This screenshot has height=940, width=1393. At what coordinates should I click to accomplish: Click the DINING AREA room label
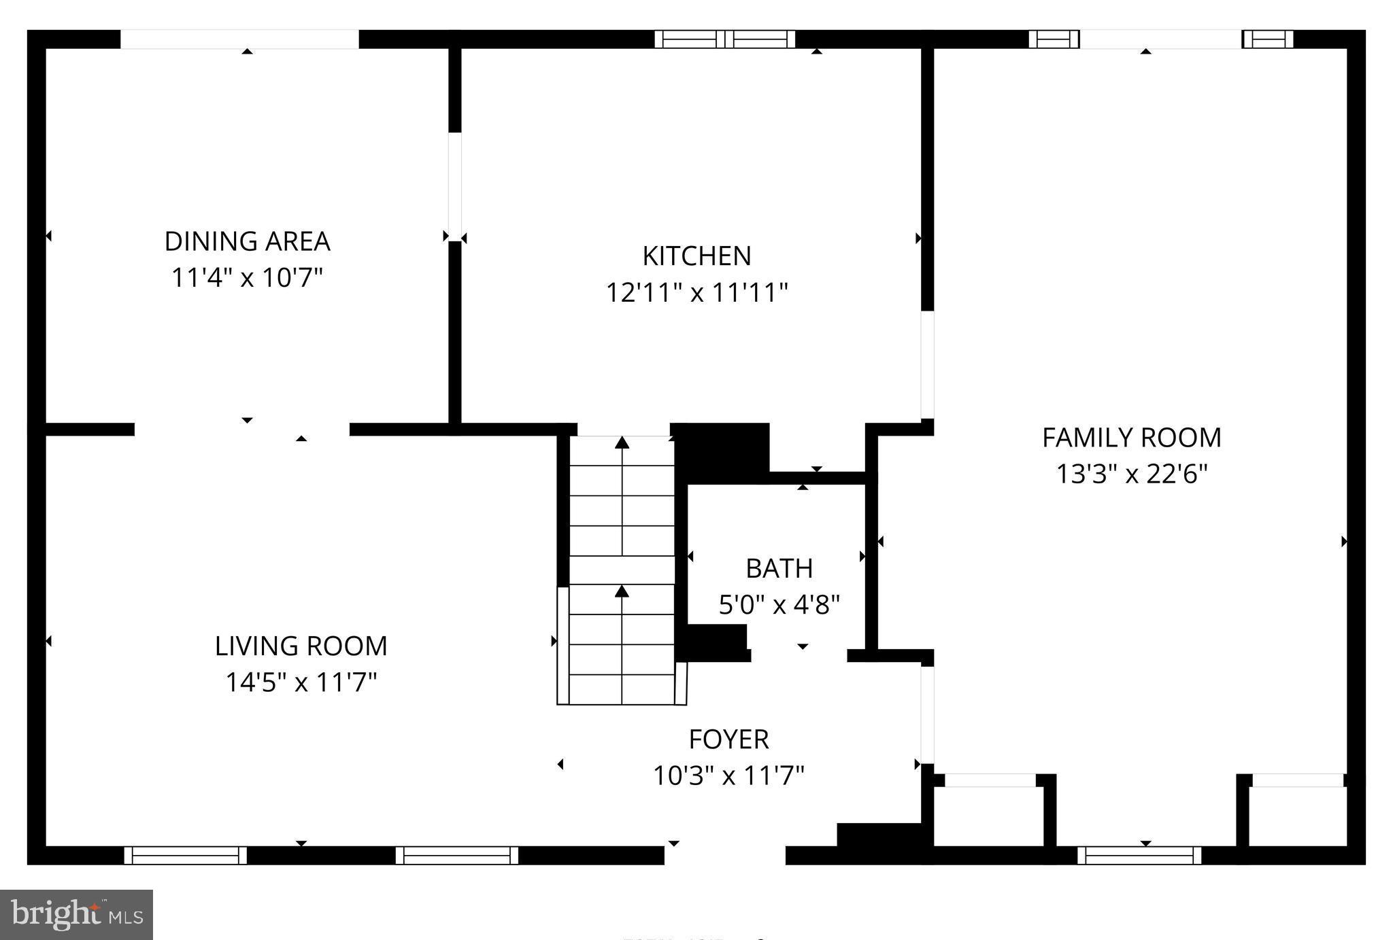coord(247,242)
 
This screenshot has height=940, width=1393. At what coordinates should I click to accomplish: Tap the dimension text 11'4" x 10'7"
coord(247,278)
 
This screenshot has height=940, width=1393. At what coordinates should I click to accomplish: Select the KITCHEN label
coord(696,256)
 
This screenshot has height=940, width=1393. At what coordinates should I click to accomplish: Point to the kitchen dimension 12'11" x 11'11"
coord(696,293)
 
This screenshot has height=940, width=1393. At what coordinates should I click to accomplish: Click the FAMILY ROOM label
coord(1131,438)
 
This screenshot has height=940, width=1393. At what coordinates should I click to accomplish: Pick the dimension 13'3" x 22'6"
coord(1131,474)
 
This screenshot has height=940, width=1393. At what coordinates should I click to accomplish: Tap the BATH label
coord(779,568)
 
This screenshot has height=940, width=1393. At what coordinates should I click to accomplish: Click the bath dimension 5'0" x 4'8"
coord(779,604)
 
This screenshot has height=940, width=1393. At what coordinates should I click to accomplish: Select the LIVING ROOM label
coord(301,646)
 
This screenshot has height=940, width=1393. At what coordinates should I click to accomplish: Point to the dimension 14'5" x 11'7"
coord(301,682)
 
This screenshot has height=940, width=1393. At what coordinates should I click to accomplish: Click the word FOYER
coord(728,739)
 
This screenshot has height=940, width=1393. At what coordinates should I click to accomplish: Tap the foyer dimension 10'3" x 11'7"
coord(728,776)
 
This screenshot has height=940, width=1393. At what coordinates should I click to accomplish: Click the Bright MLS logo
coord(76,914)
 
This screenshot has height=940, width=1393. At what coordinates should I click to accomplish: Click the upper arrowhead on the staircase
coord(622,443)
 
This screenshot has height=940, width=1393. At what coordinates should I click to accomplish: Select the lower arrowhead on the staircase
coord(622,591)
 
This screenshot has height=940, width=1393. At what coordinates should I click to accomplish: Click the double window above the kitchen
coord(724,39)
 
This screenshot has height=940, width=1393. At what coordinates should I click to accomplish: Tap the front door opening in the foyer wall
coord(724,855)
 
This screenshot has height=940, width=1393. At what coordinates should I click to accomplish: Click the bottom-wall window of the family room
coord(1139,855)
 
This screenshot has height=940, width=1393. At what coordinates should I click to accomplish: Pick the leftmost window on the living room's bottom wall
coord(185,855)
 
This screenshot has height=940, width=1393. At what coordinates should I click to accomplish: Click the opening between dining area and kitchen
coord(454,187)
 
